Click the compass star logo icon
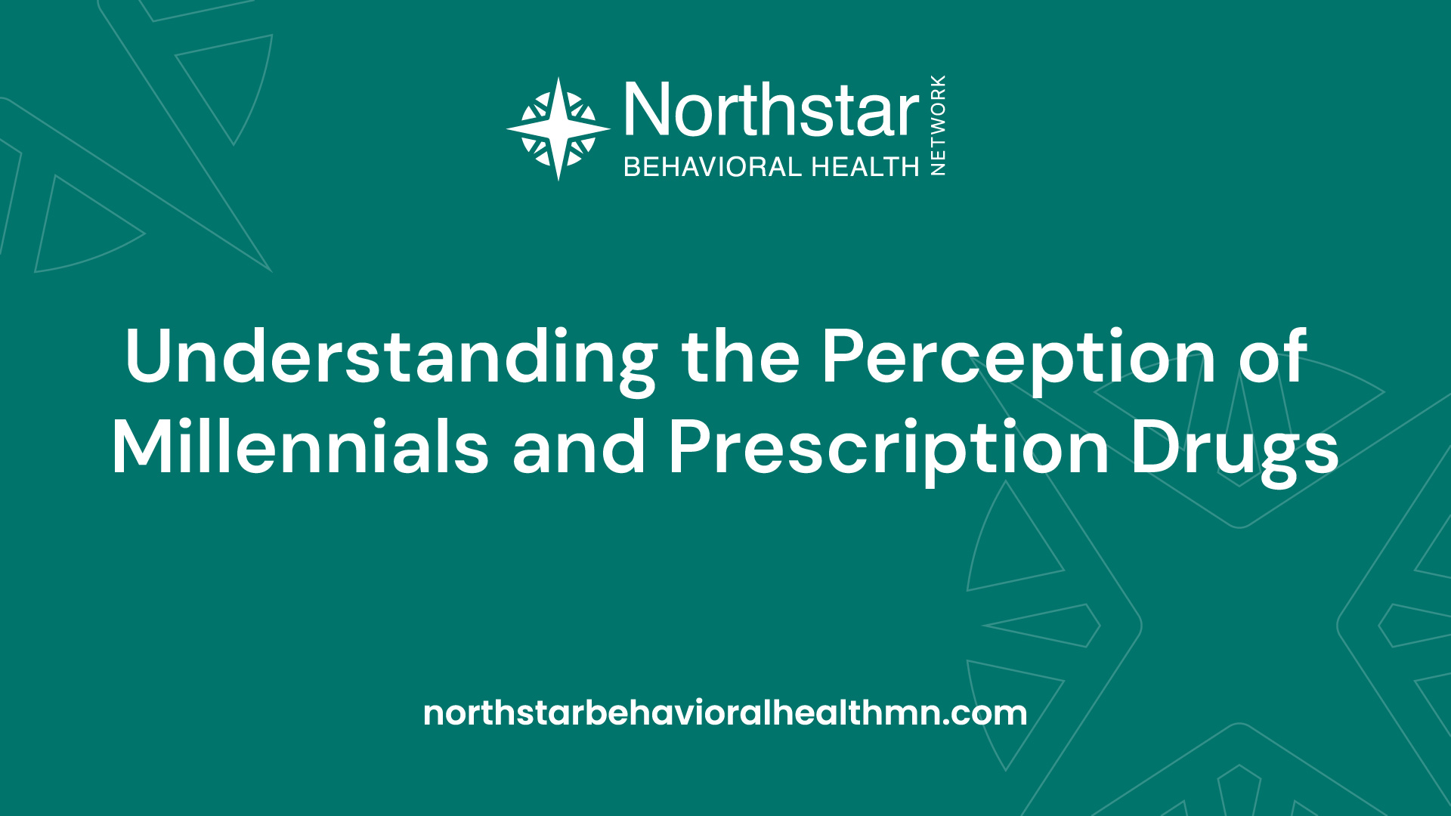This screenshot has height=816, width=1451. pos(558,129)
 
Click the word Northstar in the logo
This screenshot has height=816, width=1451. pos(772,110)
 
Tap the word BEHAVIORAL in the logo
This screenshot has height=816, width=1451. pos(713,166)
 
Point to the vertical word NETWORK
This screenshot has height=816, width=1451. pos(938,125)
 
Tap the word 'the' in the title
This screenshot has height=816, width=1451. pos(741,356)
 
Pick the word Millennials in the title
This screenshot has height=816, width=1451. pos(301,446)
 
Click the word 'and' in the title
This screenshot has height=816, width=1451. pos(579,446)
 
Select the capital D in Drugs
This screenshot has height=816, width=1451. pos(1157,446)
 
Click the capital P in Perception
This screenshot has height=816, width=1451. pos(843,356)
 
